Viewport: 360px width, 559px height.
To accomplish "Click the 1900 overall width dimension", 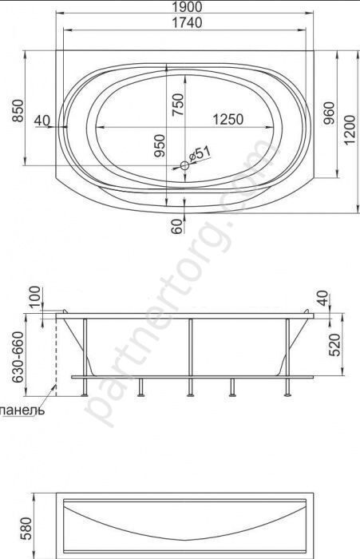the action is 187,6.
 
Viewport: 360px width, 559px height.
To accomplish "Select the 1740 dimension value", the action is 187,23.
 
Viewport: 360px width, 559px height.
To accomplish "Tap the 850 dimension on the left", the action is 18,110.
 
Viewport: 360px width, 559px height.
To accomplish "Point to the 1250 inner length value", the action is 228,119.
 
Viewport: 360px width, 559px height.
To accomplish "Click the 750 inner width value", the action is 178,105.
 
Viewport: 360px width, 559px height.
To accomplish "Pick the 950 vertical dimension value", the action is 160,145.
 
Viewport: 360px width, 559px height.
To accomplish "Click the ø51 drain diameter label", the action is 200,154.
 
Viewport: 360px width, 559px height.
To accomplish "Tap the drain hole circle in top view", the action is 184,165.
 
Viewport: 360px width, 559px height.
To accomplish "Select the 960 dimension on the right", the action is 330,113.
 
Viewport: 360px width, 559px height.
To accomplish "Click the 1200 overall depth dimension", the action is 350,129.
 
